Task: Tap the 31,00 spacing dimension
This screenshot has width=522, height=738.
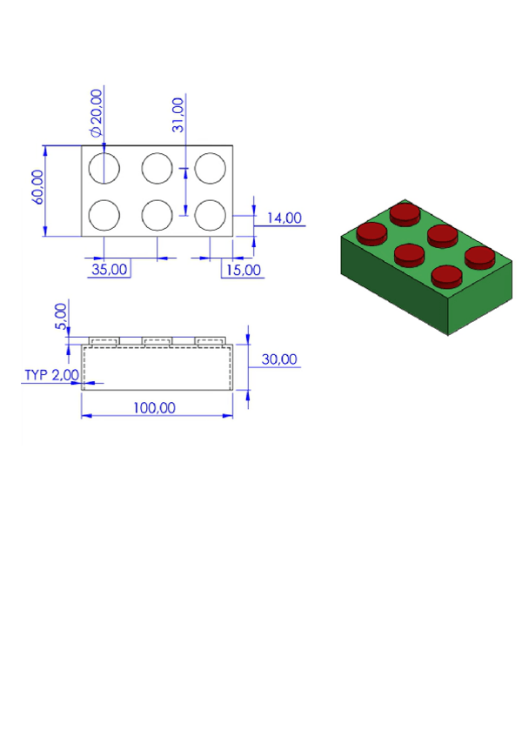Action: point(177,115)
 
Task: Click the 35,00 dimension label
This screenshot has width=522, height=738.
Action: point(110,269)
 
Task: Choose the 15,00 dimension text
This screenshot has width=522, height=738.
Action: point(242,269)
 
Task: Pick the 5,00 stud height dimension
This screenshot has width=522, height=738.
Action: point(60,314)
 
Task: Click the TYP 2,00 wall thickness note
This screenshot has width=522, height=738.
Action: point(51,374)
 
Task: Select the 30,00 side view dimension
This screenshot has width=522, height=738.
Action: point(279,359)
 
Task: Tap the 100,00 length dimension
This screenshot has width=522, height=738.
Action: point(157,406)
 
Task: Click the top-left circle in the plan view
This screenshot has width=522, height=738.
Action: point(104,168)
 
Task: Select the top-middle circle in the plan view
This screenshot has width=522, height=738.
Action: point(157,168)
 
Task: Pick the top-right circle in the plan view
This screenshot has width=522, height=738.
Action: point(210,168)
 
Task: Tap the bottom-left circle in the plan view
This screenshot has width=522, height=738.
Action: point(104,214)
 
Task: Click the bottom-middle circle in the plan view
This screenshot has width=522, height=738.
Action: point(157,214)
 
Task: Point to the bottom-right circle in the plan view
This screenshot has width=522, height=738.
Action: point(210,214)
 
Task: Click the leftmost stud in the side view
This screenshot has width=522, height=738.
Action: point(104,340)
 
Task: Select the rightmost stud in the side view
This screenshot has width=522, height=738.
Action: point(210,340)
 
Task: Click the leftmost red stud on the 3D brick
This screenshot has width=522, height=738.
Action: point(371,232)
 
